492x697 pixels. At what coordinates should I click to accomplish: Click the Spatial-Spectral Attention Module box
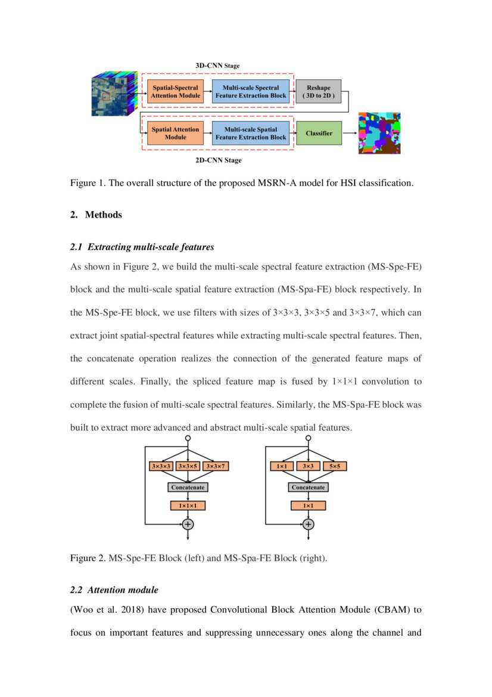click(x=175, y=92)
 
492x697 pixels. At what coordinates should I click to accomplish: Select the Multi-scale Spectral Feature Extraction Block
click(x=250, y=92)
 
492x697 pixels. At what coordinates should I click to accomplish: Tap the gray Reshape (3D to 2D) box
click(x=319, y=92)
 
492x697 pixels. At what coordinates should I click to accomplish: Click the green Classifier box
click(x=319, y=133)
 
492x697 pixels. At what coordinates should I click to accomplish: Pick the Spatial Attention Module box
click(x=175, y=133)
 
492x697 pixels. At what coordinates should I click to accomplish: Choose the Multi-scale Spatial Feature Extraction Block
click(x=250, y=133)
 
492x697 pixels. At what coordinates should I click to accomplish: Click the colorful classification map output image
click(x=379, y=133)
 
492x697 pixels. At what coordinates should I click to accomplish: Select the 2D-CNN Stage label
click(x=219, y=160)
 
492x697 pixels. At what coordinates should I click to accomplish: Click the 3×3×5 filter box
click(x=188, y=466)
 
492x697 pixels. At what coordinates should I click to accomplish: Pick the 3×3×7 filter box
click(x=216, y=466)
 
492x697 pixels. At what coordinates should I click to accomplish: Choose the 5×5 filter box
click(x=335, y=466)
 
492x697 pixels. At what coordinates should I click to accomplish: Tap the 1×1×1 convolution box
click(x=188, y=506)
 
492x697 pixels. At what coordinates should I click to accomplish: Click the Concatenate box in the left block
click(x=188, y=487)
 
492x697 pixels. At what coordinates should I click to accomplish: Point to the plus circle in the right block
click(x=308, y=525)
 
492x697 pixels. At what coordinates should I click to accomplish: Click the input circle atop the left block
click(x=188, y=438)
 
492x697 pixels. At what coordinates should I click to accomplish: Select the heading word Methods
click(x=104, y=215)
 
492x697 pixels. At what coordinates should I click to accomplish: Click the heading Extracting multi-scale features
click(x=151, y=246)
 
